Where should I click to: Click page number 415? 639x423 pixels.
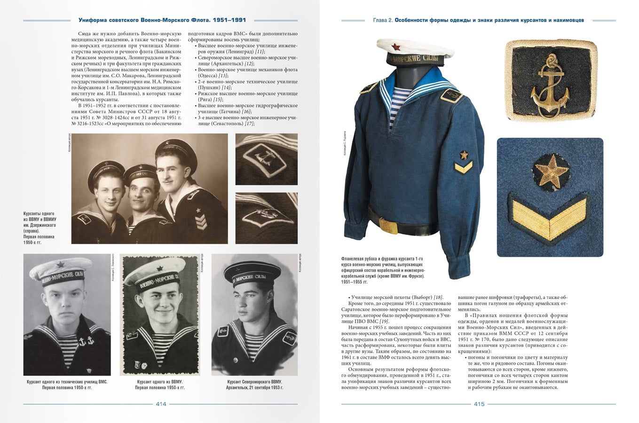pos(479,404)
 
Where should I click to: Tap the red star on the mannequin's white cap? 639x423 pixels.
pos(408,46)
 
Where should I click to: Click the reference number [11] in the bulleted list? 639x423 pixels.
pos(259,51)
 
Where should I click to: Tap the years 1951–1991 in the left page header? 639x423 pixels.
pos(229,20)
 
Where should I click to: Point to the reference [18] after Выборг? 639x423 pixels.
pos(438,297)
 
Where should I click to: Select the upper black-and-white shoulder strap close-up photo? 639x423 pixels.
pos(266,159)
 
